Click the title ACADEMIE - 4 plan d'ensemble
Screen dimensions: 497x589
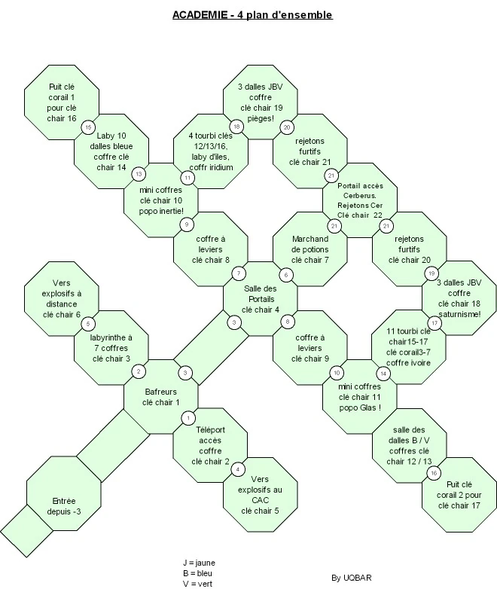click(252, 14)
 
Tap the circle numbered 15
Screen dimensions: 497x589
click(88, 127)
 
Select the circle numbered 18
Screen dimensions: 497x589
click(236, 127)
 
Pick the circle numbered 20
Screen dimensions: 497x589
click(287, 127)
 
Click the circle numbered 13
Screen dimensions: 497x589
click(139, 174)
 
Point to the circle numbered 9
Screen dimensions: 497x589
click(187, 224)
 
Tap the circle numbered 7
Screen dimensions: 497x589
click(239, 273)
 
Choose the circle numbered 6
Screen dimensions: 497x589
click(286, 275)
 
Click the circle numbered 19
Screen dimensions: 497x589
click(431, 273)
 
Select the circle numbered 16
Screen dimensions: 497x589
click(434, 473)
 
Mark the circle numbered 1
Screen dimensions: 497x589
click(188, 418)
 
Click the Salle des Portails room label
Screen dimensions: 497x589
click(260, 299)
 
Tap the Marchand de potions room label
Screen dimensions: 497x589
click(310, 249)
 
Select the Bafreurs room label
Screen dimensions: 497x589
click(161, 397)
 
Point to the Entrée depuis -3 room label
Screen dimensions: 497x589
click(64, 506)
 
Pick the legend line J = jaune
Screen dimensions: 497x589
click(199, 563)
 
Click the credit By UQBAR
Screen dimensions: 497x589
click(351, 578)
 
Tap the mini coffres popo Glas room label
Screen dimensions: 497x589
click(360, 397)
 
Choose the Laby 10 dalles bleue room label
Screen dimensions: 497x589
click(111, 151)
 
